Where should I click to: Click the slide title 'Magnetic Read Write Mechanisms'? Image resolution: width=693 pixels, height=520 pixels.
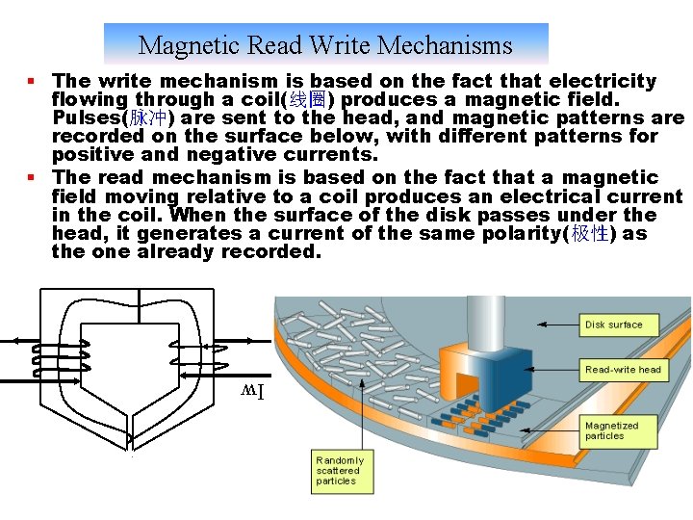(x=325, y=45)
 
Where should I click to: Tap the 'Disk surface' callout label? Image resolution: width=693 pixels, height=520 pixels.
(x=613, y=325)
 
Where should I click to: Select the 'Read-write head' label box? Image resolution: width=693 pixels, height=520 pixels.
(x=623, y=370)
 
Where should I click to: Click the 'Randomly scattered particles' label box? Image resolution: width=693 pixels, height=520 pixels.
(x=338, y=471)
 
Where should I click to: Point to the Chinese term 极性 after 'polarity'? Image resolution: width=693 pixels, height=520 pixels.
(x=589, y=234)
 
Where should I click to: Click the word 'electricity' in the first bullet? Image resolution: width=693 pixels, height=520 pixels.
(x=606, y=81)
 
